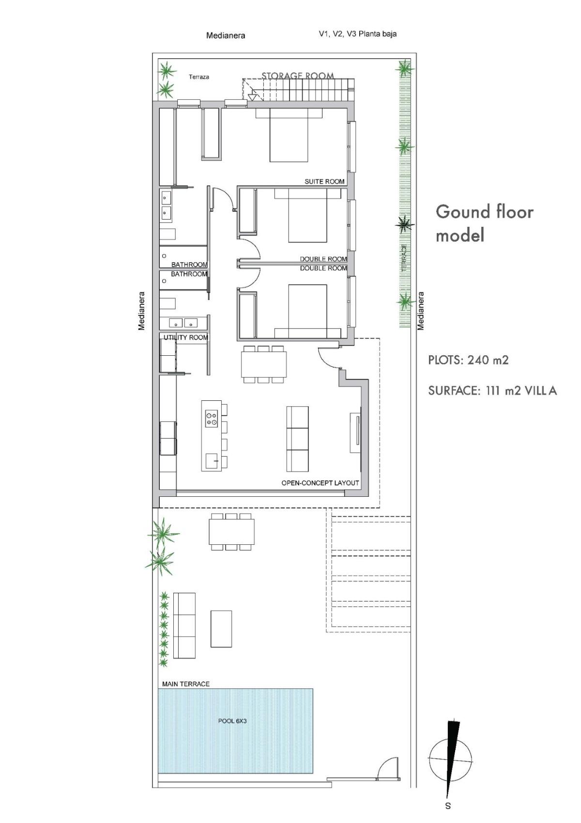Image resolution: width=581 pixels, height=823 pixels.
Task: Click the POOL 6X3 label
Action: (x=232, y=721)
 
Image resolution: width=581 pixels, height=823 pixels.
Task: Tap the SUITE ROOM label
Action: (x=324, y=181)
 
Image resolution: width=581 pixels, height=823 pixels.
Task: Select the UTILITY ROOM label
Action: (x=185, y=337)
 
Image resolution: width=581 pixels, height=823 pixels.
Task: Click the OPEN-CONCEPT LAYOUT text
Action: (x=320, y=483)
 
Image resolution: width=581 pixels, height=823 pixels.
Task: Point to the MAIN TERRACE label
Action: (x=185, y=684)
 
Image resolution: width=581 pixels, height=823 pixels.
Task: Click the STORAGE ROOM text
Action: (x=298, y=76)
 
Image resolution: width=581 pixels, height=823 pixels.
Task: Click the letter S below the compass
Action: (x=448, y=806)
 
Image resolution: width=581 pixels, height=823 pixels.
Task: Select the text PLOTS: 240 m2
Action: (x=468, y=360)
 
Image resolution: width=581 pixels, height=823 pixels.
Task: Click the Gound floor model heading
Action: (x=484, y=223)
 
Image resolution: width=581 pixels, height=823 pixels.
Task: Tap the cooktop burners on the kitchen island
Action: (x=212, y=418)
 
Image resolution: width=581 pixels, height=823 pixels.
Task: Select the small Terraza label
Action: (x=199, y=77)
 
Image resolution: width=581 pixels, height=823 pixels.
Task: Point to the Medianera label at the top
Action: (x=226, y=35)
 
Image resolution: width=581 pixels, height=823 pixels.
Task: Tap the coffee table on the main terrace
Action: (x=221, y=629)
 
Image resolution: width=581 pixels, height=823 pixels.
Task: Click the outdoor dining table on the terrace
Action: (x=232, y=532)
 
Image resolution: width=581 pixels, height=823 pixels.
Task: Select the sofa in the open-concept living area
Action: (x=297, y=439)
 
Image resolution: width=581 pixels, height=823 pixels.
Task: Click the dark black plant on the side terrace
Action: (x=403, y=224)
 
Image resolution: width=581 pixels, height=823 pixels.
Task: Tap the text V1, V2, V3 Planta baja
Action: (x=357, y=34)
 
